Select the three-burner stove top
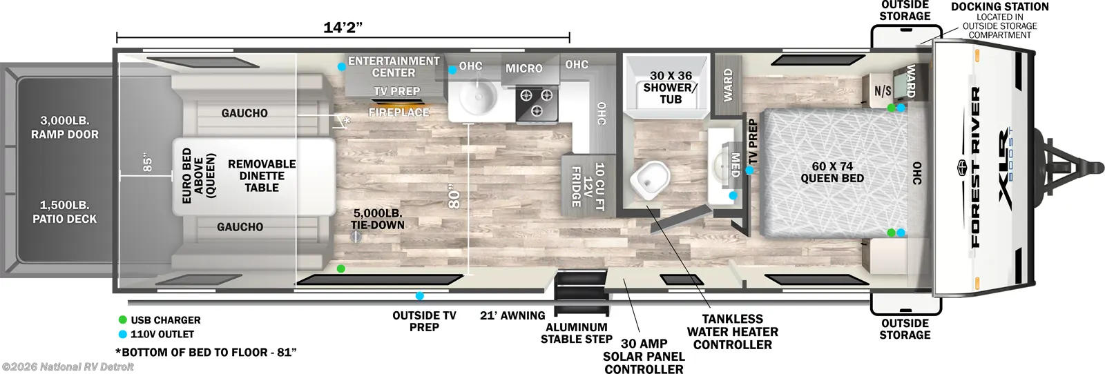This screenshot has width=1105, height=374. click(x=537, y=103)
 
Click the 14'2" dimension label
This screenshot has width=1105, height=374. click(x=343, y=28)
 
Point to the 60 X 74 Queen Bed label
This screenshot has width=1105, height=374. click(x=832, y=173)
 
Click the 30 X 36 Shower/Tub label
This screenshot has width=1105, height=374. click(x=671, y=87)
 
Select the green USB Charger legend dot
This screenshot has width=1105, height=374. click(x=123, y=319)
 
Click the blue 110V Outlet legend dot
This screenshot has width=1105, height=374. click(x=123, y=334)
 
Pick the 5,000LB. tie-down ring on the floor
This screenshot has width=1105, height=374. click(x=356, y=237)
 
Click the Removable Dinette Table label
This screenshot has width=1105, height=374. click(x=262, y=176)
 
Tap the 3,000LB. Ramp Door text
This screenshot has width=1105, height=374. click(x=65, y=128)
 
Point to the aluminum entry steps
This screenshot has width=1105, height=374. click(x=582, y=293)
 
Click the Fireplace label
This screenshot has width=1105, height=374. click(x=398, y=112)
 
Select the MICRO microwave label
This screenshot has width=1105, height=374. click(x=524, y=68)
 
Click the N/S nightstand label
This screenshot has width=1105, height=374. click(x=883, y=90)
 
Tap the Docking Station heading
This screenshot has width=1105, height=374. click(x=1000, y=7)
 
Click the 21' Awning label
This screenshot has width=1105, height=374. click(x=512, y=315)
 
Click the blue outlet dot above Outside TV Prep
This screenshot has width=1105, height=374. click(x=419, y=296)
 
